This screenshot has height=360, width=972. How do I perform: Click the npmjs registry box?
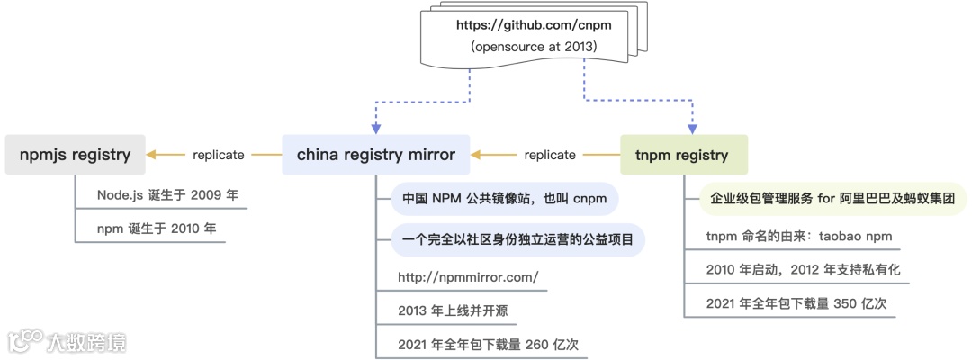click(75, 155)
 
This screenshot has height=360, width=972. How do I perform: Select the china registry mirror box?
click(376, 155)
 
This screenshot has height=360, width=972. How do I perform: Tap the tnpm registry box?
click(681, 155)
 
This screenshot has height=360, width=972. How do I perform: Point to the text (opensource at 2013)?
click(535, 46)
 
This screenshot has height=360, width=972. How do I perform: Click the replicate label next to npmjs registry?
click(218, 155)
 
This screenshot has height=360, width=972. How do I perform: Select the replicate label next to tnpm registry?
click(549, 155)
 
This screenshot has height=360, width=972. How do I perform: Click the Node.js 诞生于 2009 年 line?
click(167, 195)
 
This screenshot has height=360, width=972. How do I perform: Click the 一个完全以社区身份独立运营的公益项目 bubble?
click(517, 239)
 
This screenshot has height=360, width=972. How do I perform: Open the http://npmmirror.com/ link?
click(468, 277)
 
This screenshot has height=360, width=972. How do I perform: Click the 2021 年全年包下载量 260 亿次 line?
click(493, 344)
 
